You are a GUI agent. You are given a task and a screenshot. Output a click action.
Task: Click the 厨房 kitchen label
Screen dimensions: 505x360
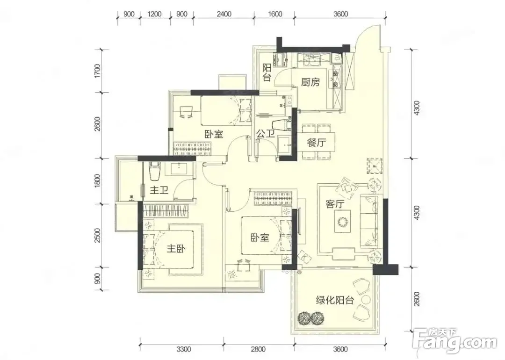tap(310, 82)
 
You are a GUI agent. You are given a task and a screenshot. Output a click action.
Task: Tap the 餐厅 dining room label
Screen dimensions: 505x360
tap(316, 142)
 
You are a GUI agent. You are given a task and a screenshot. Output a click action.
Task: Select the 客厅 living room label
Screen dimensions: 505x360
tap(335, 204)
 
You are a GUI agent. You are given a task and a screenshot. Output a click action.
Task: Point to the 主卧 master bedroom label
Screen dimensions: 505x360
tap(176, 248)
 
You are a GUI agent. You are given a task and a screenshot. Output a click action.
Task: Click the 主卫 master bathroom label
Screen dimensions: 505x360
tap(159, 190)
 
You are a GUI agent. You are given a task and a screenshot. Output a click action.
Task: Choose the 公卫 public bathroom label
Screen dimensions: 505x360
tap(266, 133)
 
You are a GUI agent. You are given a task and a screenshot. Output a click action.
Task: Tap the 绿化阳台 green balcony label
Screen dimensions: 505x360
tap(335, 300)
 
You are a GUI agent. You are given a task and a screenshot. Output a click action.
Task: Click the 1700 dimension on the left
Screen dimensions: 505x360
tap(98, 71)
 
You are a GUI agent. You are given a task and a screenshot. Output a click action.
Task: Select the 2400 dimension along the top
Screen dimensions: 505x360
tap(224, 14)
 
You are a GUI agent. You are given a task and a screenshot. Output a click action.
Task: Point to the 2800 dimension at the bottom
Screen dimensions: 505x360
tap(258, 349)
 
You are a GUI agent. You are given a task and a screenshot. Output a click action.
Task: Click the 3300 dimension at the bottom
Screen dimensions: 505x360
tap(184, 349)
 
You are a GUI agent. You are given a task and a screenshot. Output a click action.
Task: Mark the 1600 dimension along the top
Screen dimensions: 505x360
tap(275, 14)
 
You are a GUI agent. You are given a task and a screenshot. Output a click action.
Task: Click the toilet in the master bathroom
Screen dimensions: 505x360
tap(155, 171)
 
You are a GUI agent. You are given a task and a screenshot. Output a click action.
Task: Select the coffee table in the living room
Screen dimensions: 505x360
tap(342, 221)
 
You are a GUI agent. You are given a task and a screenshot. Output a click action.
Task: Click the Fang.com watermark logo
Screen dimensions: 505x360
tap(458, 341)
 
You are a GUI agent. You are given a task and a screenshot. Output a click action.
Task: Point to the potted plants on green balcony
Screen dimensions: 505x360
tap(311, 318)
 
